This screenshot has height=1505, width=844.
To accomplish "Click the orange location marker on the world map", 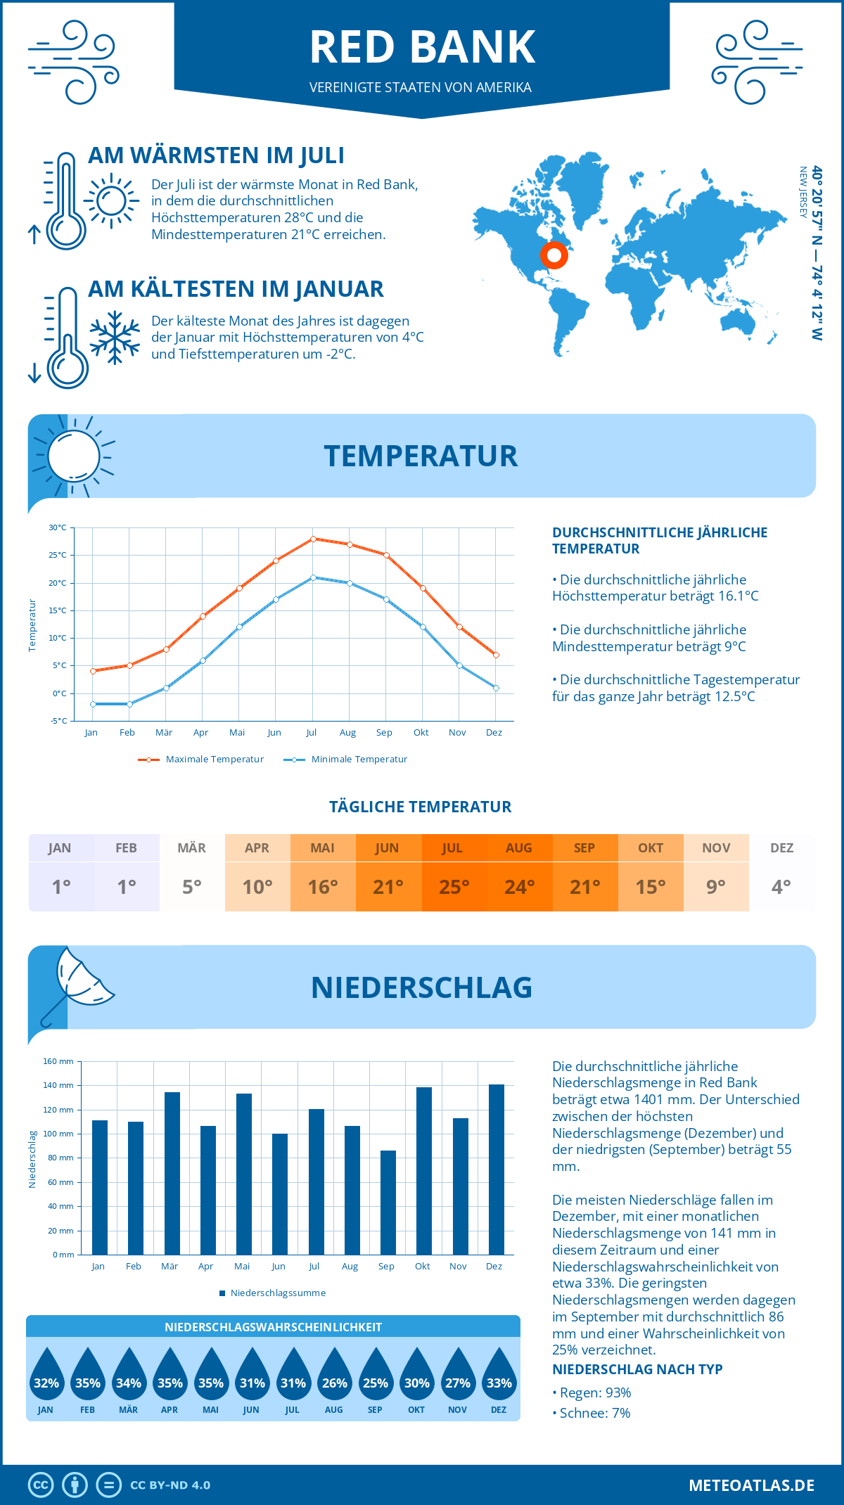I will click(x=554, y=255).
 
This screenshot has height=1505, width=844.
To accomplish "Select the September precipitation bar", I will click(x=388, y=1202).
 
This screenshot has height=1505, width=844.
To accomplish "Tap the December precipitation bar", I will click(x=497, y=1169).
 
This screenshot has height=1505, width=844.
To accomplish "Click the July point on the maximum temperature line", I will click(x=313, y=539).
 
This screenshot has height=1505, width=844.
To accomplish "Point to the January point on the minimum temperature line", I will click(x=93, y=704).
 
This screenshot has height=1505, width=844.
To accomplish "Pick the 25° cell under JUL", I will click(x=454, y=887).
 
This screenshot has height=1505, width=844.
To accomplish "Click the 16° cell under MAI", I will click(x=323, y=887).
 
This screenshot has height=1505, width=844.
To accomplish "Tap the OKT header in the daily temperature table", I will click(x=651, y=848).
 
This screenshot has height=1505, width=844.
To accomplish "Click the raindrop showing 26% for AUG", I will click(x=334, y=1373).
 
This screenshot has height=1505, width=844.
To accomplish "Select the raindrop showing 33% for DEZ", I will click(x=499, y=1373).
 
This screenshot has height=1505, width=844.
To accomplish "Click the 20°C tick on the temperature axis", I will click(x=58, y=583).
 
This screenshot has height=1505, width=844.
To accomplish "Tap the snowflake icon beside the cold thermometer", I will click(x=115, y=338).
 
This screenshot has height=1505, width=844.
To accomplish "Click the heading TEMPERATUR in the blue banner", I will click(x=421, y=456).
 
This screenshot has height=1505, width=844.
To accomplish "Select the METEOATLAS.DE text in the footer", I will click(x=751, y=1485).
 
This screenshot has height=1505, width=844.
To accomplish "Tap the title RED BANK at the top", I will click(x=422, y=48).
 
